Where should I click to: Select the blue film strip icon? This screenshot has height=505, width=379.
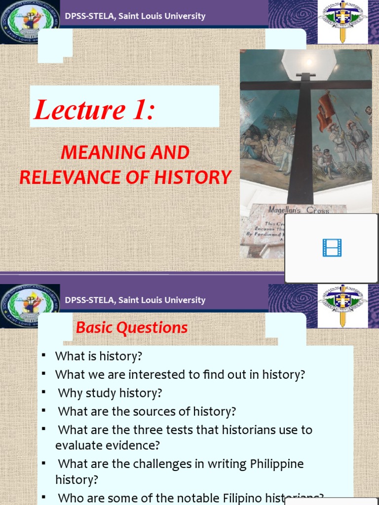pyautogui.click(x=332, y=248)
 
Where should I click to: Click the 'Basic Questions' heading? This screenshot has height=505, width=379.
pyautogui.click(x=132, y=327)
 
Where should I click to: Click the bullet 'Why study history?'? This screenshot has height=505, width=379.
pyautogui.click(x=110, y=393)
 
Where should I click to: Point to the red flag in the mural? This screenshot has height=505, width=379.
pyautogui.click(x=326, y=111)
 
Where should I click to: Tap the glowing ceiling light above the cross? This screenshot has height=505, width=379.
pyautogui.click(x=309, y=62)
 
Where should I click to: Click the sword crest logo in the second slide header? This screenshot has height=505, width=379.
pyautogui.click(x=342, y=305)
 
